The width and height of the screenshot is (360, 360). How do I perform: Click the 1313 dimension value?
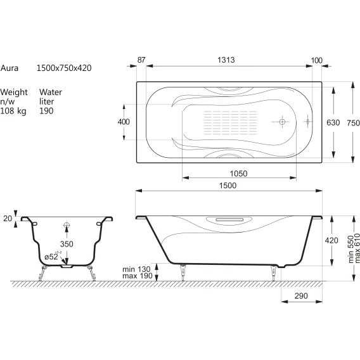(226, 60)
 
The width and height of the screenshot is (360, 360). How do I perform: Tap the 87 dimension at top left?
(141, 60)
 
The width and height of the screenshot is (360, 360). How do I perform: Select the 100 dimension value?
(317, 60)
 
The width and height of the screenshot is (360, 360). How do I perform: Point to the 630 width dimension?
(333, 122)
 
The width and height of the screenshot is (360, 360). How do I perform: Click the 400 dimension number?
(124, 122)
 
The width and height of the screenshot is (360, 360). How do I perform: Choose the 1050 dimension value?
(238, 174)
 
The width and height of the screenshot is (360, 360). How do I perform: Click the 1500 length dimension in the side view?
(228, 185)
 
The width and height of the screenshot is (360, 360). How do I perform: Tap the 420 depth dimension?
(331, 240)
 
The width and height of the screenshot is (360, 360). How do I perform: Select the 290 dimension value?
(301, 296)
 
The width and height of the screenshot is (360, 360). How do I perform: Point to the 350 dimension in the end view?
(67, 244)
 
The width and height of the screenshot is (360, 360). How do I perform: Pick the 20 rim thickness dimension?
(8, 218)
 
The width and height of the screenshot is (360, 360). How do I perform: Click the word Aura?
(9, 68)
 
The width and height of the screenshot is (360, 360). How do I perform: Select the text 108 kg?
(13, 111)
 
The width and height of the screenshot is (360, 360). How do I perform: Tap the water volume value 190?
(46, 111)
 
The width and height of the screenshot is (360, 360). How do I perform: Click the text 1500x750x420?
(64, 68)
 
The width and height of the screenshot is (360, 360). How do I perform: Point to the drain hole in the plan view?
(282, 122)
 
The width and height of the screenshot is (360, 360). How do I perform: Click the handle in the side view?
(229, 220)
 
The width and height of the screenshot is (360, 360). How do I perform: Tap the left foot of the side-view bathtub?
(183, 273)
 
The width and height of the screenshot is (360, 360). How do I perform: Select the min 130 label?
(136, 269)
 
